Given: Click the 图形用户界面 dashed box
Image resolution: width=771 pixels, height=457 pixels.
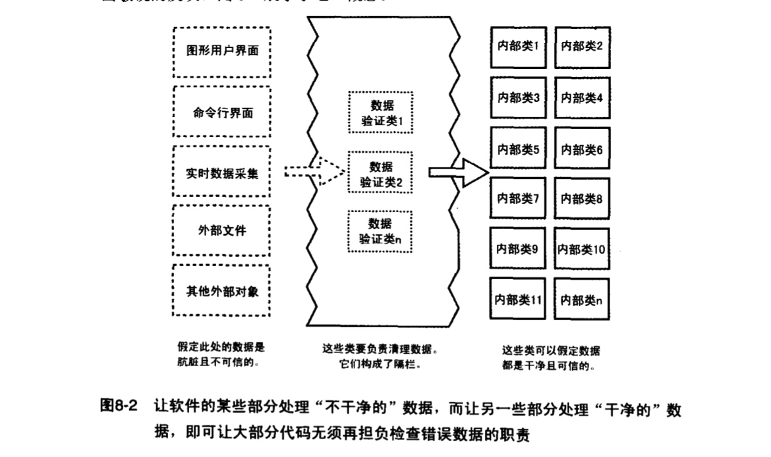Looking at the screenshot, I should (221, 52).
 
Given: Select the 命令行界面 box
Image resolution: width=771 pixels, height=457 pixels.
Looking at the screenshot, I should (221, 112).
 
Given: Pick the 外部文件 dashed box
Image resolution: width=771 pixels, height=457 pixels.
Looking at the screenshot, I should (221, 230).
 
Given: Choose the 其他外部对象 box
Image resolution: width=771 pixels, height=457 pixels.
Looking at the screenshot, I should (221, 290).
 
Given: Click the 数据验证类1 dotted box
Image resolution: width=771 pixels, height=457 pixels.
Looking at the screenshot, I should (381, 113).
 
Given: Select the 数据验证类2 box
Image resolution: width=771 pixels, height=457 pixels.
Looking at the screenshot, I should (381, 173).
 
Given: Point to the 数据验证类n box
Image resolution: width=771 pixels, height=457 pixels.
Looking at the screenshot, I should (381, 231).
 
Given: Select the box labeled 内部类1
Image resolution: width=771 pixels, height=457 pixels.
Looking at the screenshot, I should (519, 47).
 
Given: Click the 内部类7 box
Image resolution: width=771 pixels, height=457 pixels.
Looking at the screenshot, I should (519, 198).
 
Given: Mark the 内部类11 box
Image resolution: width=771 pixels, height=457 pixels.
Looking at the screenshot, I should (519, 300).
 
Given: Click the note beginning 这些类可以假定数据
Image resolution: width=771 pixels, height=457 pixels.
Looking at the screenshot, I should (551, 350).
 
